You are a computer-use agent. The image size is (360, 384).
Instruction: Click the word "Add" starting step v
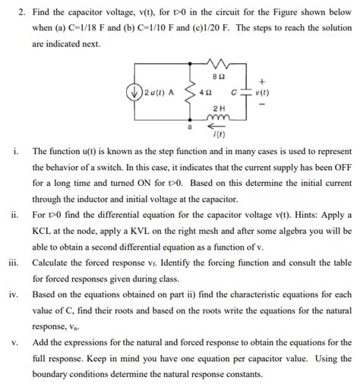pyautogui.click(x=41, y=342)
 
